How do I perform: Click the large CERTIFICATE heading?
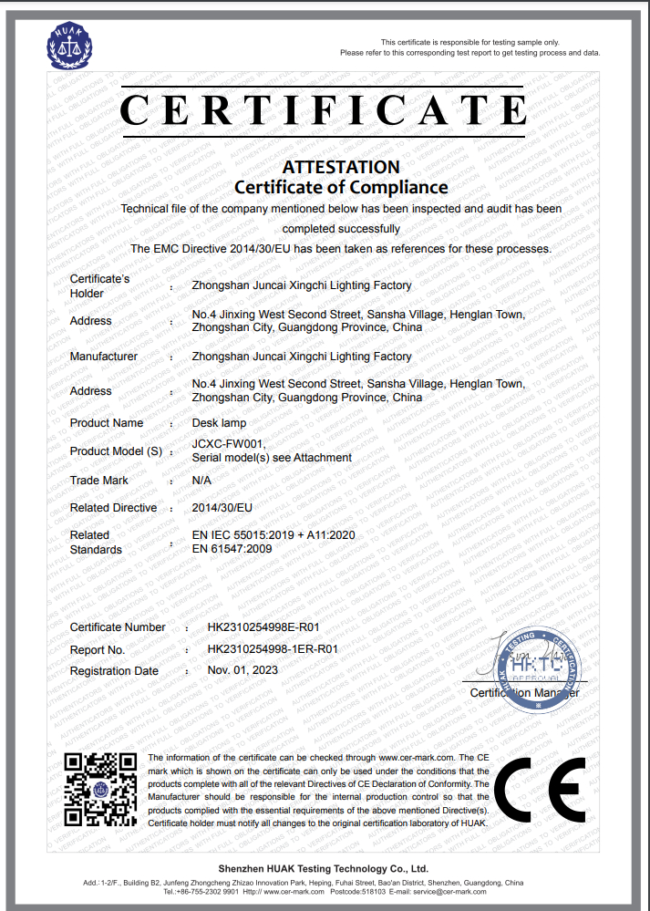coord(324,110)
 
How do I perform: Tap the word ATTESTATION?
coord(341,167)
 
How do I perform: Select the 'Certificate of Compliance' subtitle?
coord(341,188)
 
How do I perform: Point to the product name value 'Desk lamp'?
coord(219,423)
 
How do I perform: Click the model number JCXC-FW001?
coord(229,444)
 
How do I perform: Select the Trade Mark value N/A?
coord(201,480)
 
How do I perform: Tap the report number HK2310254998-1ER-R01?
coord(273,649)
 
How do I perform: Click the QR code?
coord(100,790)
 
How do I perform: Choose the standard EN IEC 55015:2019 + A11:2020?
coord(273,534)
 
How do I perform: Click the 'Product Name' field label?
coord(107,423)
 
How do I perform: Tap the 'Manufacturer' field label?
coord(104,357)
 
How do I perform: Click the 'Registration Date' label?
coord(114,671)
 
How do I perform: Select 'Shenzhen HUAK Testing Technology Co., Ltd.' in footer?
coord(324,869)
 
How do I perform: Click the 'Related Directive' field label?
coord(113,508)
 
